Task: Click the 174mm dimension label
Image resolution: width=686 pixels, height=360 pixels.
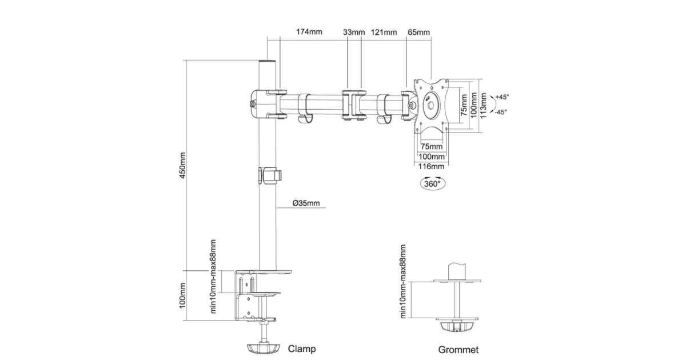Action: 309,32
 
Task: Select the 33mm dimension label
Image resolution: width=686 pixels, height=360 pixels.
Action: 354,32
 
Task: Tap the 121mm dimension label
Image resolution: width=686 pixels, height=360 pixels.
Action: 384,32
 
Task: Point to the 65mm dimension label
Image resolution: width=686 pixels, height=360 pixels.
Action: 418,32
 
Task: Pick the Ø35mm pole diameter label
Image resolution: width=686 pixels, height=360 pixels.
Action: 306,203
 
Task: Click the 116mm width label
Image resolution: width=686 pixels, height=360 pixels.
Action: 432,167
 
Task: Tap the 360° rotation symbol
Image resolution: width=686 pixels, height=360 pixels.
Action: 432,183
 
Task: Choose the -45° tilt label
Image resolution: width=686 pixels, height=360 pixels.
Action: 501,112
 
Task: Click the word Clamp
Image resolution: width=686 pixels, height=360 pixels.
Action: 302,348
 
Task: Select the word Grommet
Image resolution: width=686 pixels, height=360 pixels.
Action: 458,349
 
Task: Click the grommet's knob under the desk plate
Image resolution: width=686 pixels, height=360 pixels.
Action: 458,326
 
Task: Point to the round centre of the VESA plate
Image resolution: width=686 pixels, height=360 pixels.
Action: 432,105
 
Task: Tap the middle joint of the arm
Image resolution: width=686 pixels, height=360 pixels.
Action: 353,104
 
